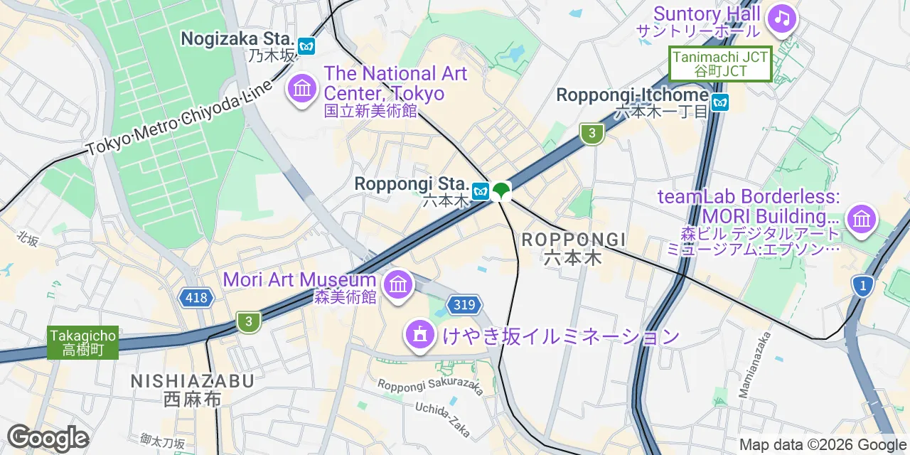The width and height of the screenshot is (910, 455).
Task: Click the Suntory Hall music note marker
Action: pos(782,18)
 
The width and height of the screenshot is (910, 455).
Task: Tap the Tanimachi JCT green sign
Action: pos(720,63)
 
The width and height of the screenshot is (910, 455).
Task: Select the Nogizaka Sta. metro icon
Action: pos(306,46)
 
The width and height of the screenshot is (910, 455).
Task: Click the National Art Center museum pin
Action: pos(303,88)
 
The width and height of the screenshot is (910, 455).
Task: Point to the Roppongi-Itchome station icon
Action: pos(720,103)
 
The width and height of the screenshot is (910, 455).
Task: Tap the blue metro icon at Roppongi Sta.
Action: pos(481,190)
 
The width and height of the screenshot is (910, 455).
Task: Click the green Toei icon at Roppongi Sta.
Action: pos(501,190)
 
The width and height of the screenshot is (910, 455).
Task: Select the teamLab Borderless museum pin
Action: pos(861,218)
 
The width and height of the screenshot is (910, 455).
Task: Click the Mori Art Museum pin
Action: pos(397,285)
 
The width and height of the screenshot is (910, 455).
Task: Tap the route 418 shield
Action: pos(196,297)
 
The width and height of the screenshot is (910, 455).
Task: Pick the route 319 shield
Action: pos(463,305)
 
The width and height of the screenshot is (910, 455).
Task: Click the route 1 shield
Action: pos(862,286)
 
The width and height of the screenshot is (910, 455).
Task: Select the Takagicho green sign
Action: pos(82,342)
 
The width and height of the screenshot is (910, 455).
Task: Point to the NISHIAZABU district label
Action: pos(192,390)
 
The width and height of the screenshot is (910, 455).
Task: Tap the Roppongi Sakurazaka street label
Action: pos(430,386)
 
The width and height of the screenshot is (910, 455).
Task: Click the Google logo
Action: pos(47,437)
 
